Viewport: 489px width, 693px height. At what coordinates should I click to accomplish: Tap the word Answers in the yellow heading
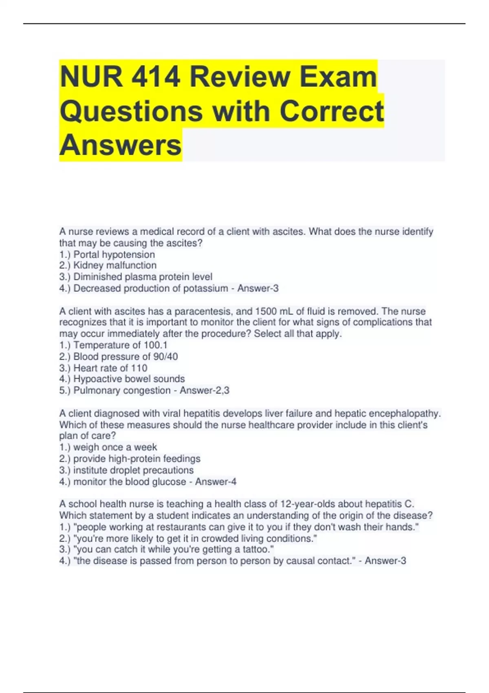tap(120, 145)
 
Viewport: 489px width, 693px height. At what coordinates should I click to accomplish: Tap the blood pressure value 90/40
tap(165, 357)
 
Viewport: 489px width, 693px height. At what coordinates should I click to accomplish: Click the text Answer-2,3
tap(205, 391)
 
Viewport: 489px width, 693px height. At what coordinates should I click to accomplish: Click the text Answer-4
tap(216, 482)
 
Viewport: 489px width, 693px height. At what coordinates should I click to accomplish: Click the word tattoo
tap(256, 550)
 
